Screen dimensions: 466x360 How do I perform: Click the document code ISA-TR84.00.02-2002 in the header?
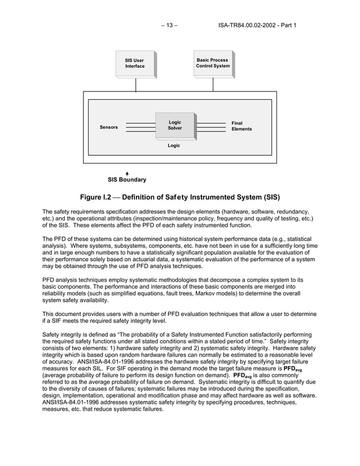pyautogui.click(x=248, y=25)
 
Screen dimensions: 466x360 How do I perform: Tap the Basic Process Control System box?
pyautogui.click(x=213, y=63)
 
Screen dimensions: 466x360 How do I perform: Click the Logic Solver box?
pyautogui.click(x=175, y=125)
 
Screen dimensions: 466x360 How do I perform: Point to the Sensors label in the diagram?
pyautogui.click(x=109, y=128)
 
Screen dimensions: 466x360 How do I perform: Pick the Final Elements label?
pyautogui.click(x=242, y=126)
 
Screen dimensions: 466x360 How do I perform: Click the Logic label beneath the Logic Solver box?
pyautogui.click(x=174, y=146)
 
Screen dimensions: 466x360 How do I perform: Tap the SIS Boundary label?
pyautogui.click(x=127, y=180)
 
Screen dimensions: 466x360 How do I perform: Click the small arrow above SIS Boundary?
pyautogui.click(x=127, y=173)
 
